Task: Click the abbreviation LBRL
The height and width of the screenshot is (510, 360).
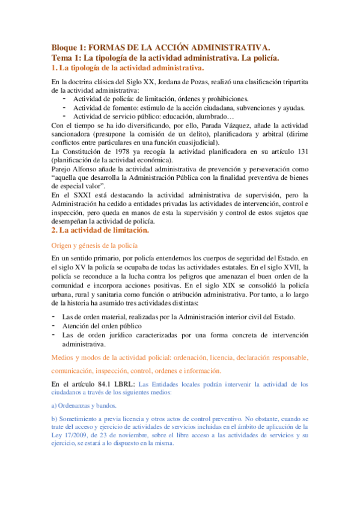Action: (x=119, y=384)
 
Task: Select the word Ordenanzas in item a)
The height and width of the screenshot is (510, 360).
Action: (x=76, y=405)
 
